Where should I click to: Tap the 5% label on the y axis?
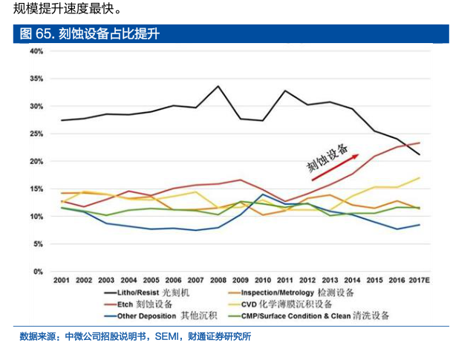point(38,244)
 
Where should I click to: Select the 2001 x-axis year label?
point(62,281)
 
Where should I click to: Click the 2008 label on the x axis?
point(218,281)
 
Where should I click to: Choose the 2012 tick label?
point(307,281)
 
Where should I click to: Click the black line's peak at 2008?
point(218,86)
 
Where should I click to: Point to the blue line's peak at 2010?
point(262,194)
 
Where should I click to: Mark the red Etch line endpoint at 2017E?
point(420,143)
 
